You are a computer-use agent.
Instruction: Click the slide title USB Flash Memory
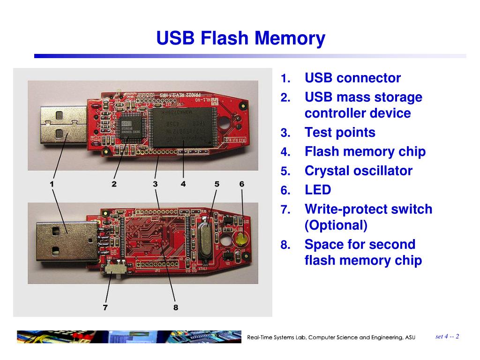(240, 38)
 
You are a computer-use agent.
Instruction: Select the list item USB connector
(352, 78)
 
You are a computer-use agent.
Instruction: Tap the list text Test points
(340, 133)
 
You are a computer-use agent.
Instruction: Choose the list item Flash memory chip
(365, 152)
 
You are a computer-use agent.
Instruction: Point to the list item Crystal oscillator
(358, 171)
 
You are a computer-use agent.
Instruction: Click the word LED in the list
(318, 190)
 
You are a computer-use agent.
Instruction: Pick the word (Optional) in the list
(336, 225)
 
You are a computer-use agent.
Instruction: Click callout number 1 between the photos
(52, 184)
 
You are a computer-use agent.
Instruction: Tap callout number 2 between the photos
(114, 184)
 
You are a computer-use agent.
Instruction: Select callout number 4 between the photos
(183, 184)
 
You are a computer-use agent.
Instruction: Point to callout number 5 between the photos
(217, 184)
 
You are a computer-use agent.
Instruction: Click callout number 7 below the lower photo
(105, 308)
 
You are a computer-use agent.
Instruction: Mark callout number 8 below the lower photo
(176, 308)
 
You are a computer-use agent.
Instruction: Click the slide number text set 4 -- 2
(447, 337)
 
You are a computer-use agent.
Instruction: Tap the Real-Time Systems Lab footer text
(331, 337)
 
